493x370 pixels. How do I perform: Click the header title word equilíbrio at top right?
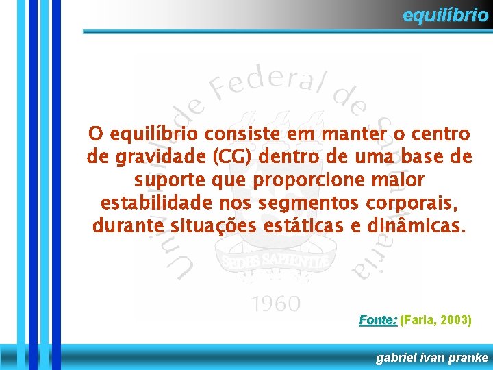pos(445,15)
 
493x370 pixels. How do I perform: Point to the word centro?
pos(441,134)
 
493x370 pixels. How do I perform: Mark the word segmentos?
pos(307,203)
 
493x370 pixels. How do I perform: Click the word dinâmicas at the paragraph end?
pos(415,226)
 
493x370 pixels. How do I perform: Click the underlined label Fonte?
pos(378,320)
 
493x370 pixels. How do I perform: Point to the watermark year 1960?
pos(275,303)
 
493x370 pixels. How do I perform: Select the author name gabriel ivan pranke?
pos(432,358)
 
